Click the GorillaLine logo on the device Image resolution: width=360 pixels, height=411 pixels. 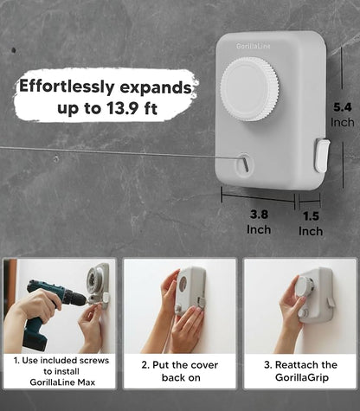coord(254,46)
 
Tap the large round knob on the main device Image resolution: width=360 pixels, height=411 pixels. coord(249,89)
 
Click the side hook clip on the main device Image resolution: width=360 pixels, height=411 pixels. coord(322,155)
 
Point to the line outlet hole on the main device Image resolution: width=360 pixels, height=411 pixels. coord(245,164)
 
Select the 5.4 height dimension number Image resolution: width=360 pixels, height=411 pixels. coord(343,107)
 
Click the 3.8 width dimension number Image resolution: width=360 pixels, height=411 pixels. coord(259,215)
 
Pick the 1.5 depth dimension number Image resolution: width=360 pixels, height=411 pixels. coord(311,216)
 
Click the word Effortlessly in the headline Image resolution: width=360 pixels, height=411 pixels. coord(67,87)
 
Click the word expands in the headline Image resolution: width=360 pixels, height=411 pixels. coord(156,87)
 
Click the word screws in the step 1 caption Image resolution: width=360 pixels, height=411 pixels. coord(94,361)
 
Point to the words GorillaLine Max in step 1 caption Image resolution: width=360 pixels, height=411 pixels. coord(62,382)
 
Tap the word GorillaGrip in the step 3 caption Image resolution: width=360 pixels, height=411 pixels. coord(302,377)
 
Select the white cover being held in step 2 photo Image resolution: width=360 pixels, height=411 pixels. coord(190,291)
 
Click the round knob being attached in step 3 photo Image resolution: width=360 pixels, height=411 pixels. coord(305,286)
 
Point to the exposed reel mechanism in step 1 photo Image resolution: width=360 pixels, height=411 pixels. coord(94,279)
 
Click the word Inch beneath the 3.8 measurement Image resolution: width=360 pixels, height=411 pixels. coord(259,230)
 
